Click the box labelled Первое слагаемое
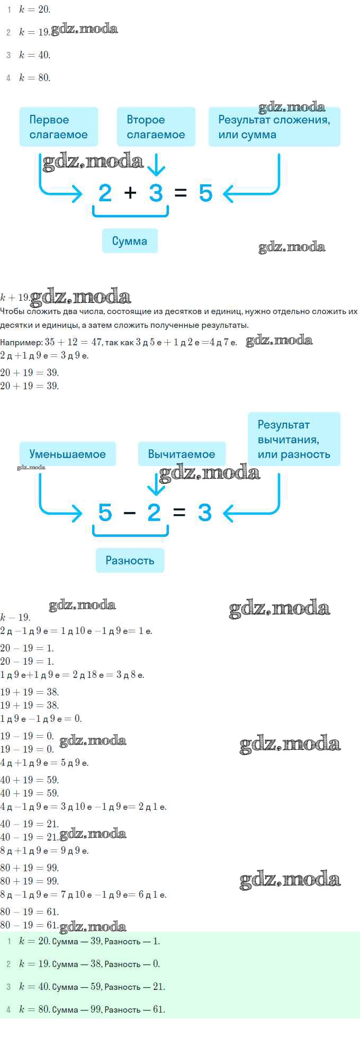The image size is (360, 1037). pyautogui.click(x=59, y=127)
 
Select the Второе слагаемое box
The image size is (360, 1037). pyautogui.click(x=156, y=127)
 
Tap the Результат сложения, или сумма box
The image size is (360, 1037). pyautogui.click(x=274, y=127)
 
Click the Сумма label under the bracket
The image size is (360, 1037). pyautogui.click(x=130, y=241)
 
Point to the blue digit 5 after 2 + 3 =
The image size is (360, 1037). pyautogui.click(x=205, y=193)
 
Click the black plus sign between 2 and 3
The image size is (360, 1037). pyautogui.click(x=130, y=193)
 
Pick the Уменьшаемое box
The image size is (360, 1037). pyautogui.click(x=68, y=454)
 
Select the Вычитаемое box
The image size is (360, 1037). pyautogui.click(x=182, y=454)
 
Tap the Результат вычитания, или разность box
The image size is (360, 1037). pyautogui.click(x=294, y=439)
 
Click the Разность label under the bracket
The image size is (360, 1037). pyautogui.click(x=130, y=560)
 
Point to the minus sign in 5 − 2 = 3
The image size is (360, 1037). pyautogui.click(x=130, y=513)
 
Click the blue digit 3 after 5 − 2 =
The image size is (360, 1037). pyautogui.click(x=205, y=513)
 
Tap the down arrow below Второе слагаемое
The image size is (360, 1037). pyautogui.click(x=156, y=165)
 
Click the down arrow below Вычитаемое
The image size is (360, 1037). pyautogui.click(x=156, y=484)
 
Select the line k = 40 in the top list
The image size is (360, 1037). pyautogui.click(x=35, y=55)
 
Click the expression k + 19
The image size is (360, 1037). pyautogui.click(x=15, y=297)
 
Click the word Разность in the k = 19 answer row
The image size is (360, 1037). pyautogui.click(x=122, y=964)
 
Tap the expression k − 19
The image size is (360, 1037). pyautogui.click(x=15, y=618)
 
